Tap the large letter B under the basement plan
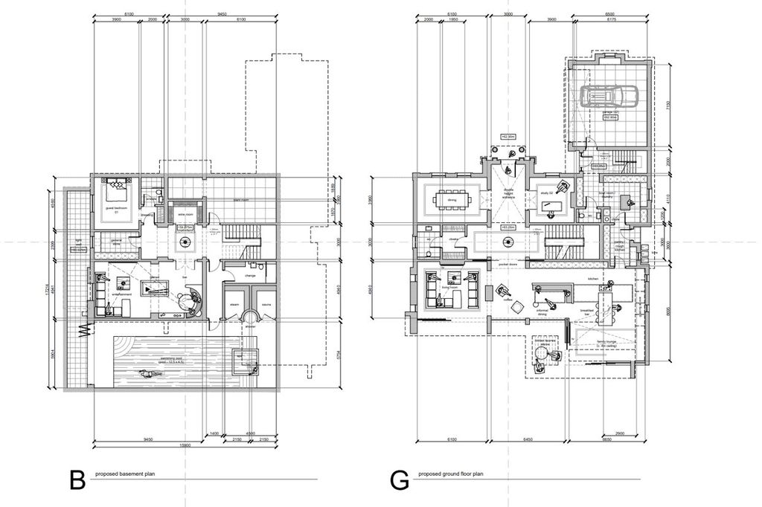(x=77, y=480)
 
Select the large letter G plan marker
(x=400, y=480)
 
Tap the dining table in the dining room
(x=452, y=200)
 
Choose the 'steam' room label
(x=234, y=304)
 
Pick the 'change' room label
(x=250, y=275)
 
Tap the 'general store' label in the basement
(x=117, y=242)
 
